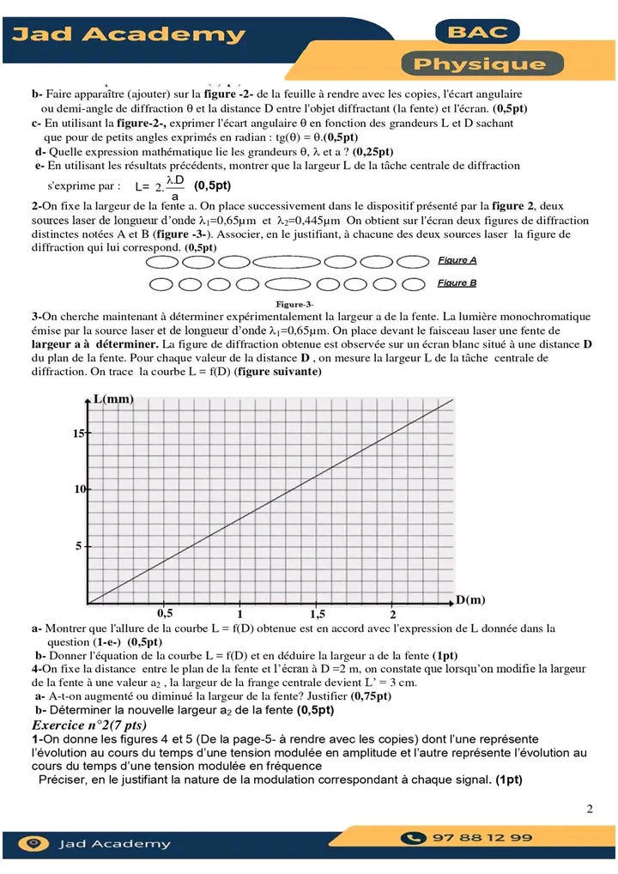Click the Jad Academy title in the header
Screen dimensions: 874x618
tap(129, 35)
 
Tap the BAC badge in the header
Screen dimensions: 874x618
tap(477, 33)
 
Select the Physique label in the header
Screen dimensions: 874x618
tap(481, 64)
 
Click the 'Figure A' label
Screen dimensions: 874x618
tap(457, 260)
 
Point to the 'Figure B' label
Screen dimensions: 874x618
tap(457, 282)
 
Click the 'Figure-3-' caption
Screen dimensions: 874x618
tap(294, 304)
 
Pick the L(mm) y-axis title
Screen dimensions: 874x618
tap(113, 399)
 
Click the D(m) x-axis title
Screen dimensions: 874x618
tap(470, 599)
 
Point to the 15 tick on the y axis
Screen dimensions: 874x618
tap(78, 434)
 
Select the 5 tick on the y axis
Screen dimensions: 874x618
tap(79, 546)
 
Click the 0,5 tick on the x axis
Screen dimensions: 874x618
tap(165, 614)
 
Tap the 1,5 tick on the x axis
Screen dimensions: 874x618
tap(317, 615)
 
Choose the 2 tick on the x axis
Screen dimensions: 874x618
tap(392, 615)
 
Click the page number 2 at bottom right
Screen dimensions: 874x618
tap(590, 809)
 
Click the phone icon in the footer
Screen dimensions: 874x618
tap(415, 838)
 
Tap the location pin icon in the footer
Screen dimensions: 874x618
tap(33, 843)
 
